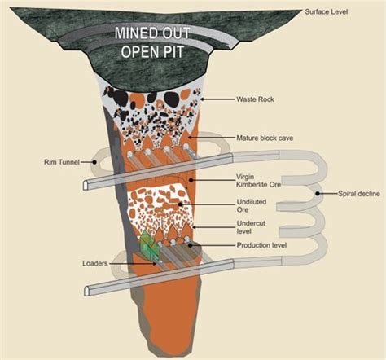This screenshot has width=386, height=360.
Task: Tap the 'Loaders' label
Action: (96, 263)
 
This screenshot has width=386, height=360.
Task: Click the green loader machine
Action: (148, 248)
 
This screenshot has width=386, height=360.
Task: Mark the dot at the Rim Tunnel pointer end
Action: (94, 161)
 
